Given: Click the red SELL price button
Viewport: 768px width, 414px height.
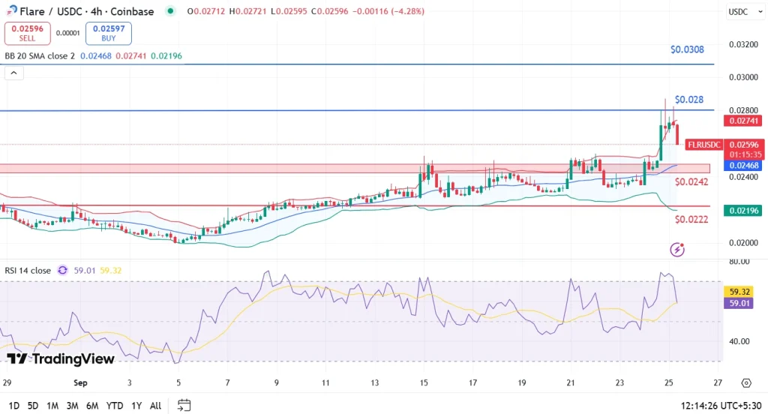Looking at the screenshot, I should (26, 33).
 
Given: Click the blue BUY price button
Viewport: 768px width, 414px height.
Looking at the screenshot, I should (108, 33).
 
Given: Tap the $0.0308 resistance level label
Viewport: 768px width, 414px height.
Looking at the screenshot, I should (687, 50).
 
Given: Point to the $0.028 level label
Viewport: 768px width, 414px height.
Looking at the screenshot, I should (688, 99).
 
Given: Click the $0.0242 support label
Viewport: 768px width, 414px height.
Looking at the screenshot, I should (691, 182).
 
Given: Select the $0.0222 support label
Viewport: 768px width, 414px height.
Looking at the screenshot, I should (691, 219).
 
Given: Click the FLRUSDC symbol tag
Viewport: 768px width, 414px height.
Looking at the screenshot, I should (703, 144).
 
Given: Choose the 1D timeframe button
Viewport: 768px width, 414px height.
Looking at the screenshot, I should (14, 406).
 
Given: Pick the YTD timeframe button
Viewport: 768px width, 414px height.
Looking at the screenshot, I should (114, 406).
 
